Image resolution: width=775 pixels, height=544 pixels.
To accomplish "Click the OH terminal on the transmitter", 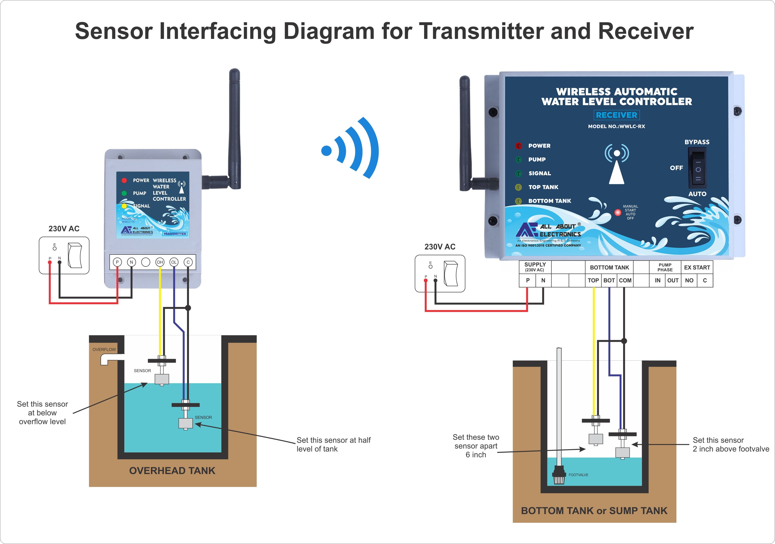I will click(160, 262).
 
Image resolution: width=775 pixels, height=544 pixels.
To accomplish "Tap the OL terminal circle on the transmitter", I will click(174, 262).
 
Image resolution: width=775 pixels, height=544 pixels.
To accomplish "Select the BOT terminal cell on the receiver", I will click(609, 281).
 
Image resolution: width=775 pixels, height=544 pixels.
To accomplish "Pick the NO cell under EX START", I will click(689, 281).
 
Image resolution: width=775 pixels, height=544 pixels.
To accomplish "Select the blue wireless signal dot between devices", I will click(326, 150).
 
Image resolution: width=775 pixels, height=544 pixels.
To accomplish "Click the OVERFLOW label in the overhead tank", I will click(104, 350).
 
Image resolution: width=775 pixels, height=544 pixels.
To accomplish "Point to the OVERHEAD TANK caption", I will click(172, 471).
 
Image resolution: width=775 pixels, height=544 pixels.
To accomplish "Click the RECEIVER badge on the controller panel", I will click(616, 115).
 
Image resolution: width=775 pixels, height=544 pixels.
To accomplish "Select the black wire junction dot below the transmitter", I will click(188, 308).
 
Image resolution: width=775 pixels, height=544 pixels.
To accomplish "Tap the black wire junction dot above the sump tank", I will click(624, 341).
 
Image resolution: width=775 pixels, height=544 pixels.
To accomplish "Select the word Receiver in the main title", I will click(645, 31).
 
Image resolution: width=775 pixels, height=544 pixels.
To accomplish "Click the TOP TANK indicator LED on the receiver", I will click(518, 187).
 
